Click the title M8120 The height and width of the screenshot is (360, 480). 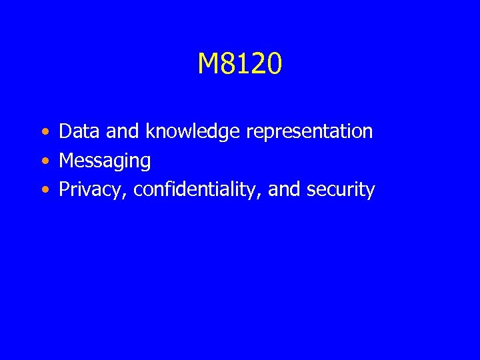click(x=240, y=64)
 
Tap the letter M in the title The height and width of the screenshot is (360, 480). click(x=208, y=64)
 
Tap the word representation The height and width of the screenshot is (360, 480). click(x=309, y=132)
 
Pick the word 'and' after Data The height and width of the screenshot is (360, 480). click(x=123, y=131)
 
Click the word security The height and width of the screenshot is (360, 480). click(x=341, y=190)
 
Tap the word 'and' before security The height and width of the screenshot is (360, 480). click(x=285, y=190)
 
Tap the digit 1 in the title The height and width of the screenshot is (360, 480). click(x=244, y=64)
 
